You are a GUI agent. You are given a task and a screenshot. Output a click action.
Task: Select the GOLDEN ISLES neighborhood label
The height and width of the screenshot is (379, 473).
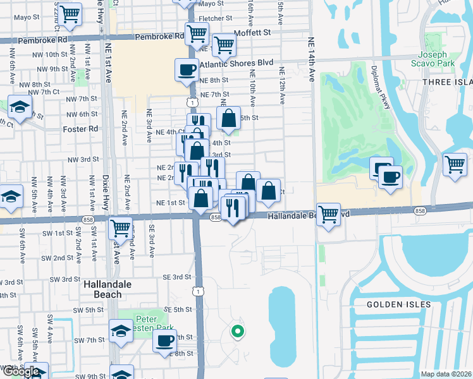[x=399, y=304]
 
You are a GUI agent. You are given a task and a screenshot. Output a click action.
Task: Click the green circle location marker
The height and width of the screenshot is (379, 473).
[x=238, y=330]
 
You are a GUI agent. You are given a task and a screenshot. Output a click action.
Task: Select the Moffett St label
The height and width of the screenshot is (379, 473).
[x=252, y=32]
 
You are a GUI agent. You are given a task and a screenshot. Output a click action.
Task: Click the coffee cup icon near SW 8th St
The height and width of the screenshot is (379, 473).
[x=165, y=341]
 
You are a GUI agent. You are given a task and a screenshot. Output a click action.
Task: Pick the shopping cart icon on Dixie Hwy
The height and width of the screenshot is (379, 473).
[x=120, y=227]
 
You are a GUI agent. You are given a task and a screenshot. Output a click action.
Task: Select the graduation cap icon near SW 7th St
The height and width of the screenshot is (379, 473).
[x=121, y=330]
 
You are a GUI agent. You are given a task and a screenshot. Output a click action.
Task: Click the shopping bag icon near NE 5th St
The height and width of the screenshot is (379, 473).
[x=228, y=117]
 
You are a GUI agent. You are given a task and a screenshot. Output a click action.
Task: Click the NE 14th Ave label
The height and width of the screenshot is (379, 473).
[x=311, y=59]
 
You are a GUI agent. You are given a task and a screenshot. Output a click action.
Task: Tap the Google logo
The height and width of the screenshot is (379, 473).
[x=23, y=372]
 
